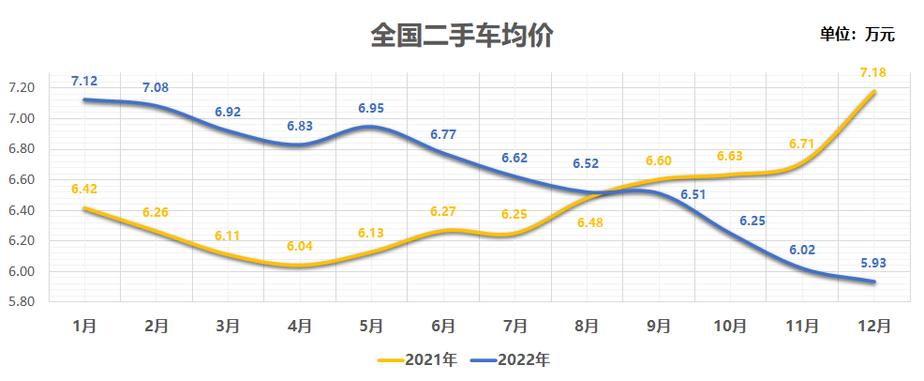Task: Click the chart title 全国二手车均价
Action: coord(461,36)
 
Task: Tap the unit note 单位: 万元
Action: coord(857,35)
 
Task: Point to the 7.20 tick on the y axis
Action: coord(21,87)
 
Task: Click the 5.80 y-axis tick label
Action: coord(21,302)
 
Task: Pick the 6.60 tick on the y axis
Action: coord(21,179)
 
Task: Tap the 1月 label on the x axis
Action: coord(84,326)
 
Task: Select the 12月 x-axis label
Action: coord(873,326)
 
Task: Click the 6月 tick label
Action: coord(443,326)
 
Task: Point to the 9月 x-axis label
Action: coord(659,326)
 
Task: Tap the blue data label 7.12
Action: coord(84,81)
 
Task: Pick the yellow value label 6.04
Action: coord(299,247)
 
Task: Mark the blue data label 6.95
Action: coord(371,109)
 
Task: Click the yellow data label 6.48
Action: coord(587,222)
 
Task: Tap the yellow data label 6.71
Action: coord(801,144)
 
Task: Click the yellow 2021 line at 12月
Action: coord(873,92)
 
